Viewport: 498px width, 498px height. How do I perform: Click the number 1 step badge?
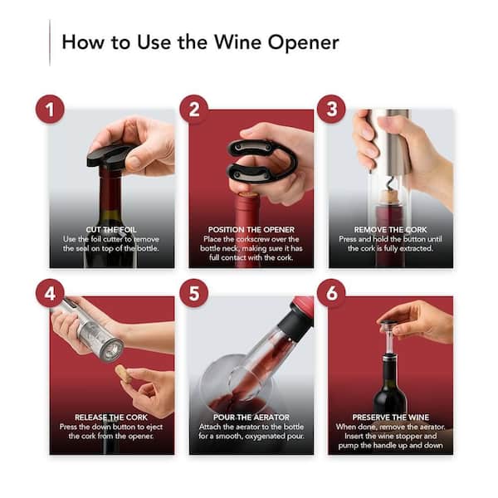(x=50, y=109)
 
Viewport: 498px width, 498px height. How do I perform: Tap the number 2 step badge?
(x=193, y=109)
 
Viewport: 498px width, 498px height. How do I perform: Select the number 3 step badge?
(x=331, y=109)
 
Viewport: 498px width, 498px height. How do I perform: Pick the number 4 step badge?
(x=50, y=293)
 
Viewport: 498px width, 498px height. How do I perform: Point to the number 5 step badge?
(x=193, y=293)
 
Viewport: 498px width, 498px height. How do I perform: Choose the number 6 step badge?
(x=331, y=293)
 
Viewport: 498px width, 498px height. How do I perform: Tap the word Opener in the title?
(x=303, y=43)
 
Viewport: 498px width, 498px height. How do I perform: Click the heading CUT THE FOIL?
(x=111, y=230)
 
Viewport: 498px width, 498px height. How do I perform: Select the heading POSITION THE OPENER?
(x=251, y=230)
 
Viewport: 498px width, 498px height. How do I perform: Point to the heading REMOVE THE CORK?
(x=391, y=230)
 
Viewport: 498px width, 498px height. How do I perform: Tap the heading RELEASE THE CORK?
(x=111, y=417)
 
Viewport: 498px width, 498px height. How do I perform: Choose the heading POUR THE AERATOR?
(x=251, y=417)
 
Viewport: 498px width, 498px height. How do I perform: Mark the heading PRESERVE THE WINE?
(x=391, y=417)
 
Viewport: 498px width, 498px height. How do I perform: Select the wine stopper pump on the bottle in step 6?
(x=389, y=339)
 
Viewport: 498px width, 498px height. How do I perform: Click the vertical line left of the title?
(x=50, y=43)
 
